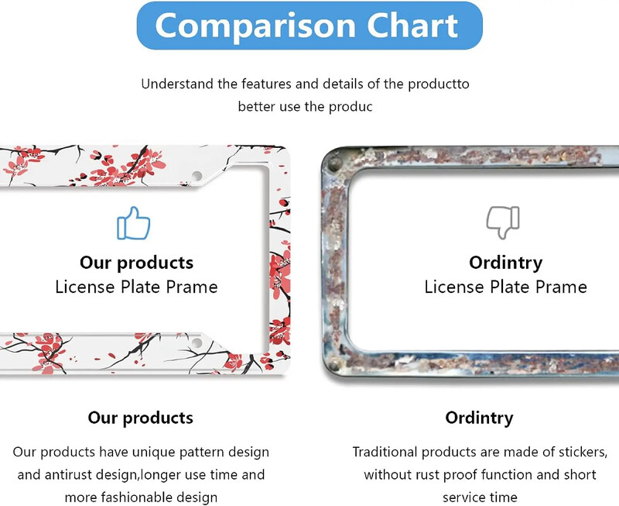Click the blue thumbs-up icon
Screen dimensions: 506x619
click(133, 222)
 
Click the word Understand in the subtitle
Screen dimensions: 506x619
click(177, 84)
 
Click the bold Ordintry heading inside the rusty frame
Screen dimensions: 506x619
click(506, 263)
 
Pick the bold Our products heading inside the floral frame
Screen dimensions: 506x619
click(136, 263)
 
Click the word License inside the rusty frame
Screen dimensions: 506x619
click(453, 287)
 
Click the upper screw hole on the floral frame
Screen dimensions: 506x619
click(197, 175)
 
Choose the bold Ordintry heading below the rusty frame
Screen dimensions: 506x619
click(479, 418)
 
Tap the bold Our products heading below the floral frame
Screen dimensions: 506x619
click(140, 418)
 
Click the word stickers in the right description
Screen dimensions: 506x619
click(580, 451)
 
